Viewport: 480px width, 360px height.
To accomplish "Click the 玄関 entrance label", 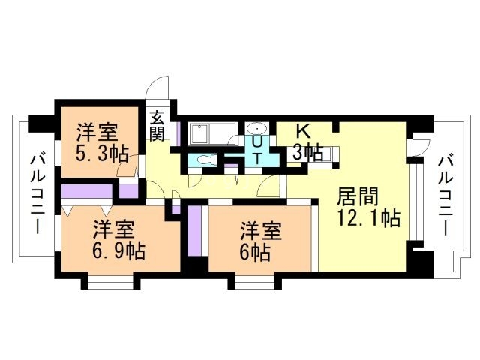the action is [157, 126].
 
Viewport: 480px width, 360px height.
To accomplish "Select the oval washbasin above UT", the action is [256, 129].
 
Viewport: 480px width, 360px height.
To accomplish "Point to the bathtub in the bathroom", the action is [212, 134].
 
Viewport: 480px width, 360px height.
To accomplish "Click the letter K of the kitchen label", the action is [303, 132].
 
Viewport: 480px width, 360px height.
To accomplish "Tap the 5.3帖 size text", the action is [102, 154].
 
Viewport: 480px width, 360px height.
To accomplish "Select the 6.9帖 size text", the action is [118, 251].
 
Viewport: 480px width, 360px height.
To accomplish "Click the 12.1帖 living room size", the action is [368, 218].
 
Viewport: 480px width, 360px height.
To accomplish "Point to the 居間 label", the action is [357, 196].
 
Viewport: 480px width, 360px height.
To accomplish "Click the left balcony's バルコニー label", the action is [37, 195].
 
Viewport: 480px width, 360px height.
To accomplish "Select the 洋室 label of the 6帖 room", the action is [261, 231].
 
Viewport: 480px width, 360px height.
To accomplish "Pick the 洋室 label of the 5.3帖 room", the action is [97, 132].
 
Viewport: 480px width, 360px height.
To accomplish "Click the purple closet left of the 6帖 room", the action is [194, 231].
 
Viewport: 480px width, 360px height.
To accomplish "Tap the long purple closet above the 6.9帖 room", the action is [87, 191].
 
